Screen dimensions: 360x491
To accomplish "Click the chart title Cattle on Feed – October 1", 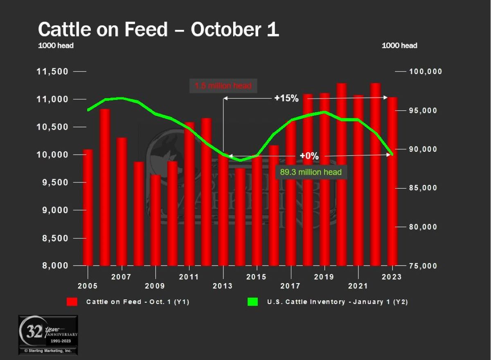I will [x=158, y=30].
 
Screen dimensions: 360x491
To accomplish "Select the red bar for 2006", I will [x=105, y=187].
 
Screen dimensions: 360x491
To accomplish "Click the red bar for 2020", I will [x=341, y=174].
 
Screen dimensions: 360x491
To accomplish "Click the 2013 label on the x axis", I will [x=223, y=286].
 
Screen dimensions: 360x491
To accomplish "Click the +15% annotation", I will [x=286, y=98].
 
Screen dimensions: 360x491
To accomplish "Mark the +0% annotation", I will [x=309, y=156].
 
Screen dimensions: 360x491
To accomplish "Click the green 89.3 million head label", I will [x=311, y=172].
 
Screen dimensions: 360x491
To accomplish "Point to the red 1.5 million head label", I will [x=223, y=86].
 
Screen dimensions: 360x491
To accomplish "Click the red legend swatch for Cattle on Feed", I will [x=72, y=302].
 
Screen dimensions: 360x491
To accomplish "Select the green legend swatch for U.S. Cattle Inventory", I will [x=252, y=302].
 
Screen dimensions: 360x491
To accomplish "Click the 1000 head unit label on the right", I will [x=399, y=45].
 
